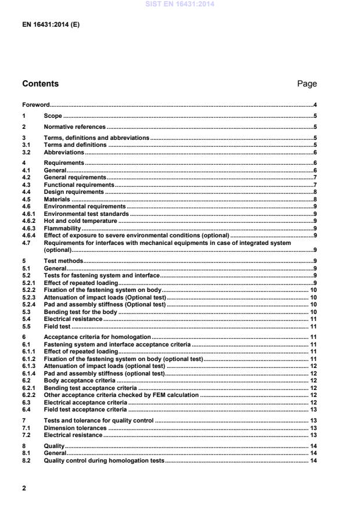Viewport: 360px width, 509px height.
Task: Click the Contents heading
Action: [x=40, y=84]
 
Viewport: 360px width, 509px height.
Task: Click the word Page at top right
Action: [x=307, y=84]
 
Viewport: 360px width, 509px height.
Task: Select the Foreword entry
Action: [x=35, y=105]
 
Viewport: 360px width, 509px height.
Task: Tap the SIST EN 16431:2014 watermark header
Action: [x=180, y=4]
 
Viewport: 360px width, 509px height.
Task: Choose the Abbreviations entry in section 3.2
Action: [x=64, y=152]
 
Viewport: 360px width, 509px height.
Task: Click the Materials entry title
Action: [x=57, y=198]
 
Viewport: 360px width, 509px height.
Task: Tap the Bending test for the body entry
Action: [x=81, y=312]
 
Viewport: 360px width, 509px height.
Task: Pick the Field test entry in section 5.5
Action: [x=57, y=327]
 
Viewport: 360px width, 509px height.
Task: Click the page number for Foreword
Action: [x=314, y=105]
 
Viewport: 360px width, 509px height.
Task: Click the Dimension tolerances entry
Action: [x=75, y=428]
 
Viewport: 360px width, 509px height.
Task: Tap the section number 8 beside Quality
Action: [x=24, y=446]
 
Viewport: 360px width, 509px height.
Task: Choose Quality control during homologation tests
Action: [x=105, y=461]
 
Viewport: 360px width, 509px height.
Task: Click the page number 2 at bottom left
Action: [x=24, y=488]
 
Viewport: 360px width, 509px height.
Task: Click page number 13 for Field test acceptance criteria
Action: [x=312, y=410]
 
